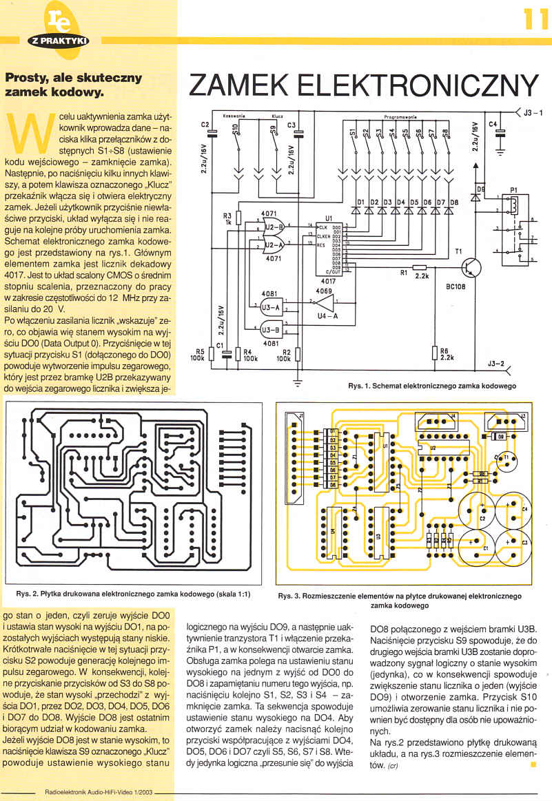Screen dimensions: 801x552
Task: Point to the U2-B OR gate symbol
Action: [x=274, y=227]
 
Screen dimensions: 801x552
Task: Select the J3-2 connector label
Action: [x=496, y=362]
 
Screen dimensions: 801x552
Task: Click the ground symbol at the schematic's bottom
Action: [x=298, y=380]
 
